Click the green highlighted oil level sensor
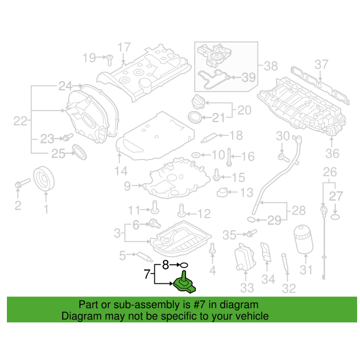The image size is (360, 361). click(x=184, y=284)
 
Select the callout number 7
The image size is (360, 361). click(x=147, y=274)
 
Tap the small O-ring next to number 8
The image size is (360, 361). click(x=184, y=265)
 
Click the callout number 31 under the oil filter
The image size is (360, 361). click(x=306, y=269)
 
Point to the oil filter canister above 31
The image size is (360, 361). click(x=304, y=240)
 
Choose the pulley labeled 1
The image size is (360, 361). click(x=44, y=178)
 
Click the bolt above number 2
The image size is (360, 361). click(x=22, y=183)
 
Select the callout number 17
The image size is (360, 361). click(x=124, y=47)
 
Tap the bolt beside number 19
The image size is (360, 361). click(x=109, y=60)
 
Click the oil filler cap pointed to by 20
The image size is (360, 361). click(x=198, y=102)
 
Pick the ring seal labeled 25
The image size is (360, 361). click(x=79, y=152)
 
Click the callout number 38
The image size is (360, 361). click(x=271, y=66)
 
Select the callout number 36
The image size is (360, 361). click(x=332, y=154)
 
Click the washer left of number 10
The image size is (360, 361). click(x=196, y=155)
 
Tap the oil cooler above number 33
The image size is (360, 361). click(x=245, y=257)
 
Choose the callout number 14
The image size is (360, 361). click(x=121, y=171)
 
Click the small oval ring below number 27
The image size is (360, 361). click(x=335, y=217)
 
